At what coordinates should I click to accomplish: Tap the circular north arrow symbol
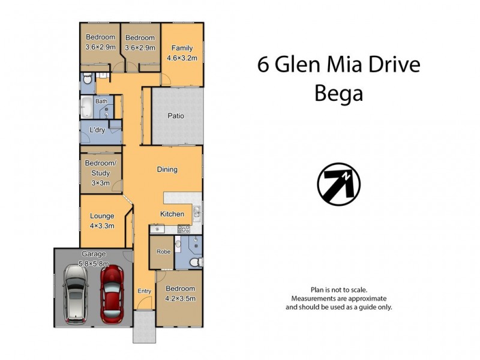[x=338, y=184]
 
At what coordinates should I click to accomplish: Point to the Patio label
[x=176, y=116]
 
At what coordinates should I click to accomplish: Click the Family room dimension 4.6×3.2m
[x=182, y=58]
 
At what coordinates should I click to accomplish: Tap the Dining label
[x=167, y=169]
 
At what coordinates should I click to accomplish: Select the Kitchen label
[x=172, y=214]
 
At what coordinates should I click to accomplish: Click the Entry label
[x=144, y=291]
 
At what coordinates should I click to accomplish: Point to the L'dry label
[x=97, y=130]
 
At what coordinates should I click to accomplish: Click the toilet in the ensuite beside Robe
[x=193, y=263]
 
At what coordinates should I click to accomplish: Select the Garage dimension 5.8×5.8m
[x=95, y=262]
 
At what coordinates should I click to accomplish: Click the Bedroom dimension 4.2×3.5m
[x=180, y=298]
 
